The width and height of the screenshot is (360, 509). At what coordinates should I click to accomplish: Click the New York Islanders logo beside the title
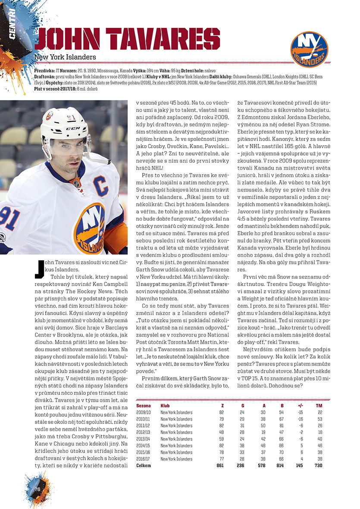coord(309,49)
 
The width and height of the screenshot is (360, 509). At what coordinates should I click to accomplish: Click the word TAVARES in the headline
coord(159,39)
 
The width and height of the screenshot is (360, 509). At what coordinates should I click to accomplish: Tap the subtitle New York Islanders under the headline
coord(65,57)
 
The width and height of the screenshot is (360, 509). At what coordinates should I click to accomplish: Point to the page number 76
coord(38,489)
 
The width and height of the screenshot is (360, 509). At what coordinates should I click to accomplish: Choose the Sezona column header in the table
coord(143,406)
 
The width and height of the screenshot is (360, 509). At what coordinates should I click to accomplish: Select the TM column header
coord(319,406)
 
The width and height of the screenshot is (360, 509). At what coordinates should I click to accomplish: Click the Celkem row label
coord(143,465)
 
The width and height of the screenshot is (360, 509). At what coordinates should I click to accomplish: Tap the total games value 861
coord(220,465)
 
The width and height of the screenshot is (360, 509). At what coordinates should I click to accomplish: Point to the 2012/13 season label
coord(143,432)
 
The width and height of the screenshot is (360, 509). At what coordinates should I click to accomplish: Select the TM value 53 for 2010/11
coord(319,419)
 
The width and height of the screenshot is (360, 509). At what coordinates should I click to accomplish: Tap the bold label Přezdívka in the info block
coord(43,70)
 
